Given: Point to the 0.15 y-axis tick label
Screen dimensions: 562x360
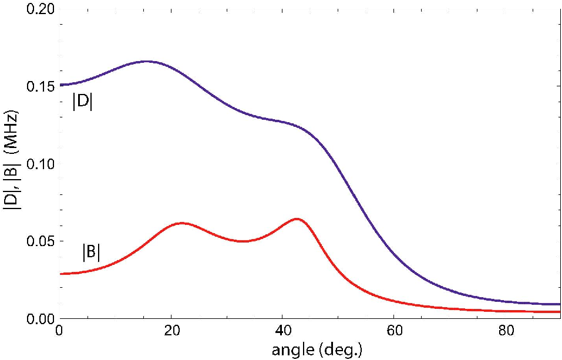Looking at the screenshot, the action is tap(41, 86).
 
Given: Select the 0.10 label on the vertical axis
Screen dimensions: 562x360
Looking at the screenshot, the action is tap(41, 164).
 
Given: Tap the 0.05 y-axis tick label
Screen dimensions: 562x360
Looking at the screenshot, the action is tap(41, 241).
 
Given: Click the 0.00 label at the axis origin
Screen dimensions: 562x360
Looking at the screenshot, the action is tap(41, 318).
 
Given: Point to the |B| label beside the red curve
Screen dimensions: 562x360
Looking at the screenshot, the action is tap(91, 252).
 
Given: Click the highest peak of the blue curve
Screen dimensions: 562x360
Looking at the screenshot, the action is tap(147, 61).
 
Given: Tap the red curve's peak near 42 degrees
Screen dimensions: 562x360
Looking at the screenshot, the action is tap(297, 218).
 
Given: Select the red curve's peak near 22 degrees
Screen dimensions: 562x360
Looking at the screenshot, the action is tap(181, 223).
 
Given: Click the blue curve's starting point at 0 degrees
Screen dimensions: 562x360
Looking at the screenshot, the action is tap(60, 85).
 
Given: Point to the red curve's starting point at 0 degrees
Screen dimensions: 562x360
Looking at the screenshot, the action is tap(60, 274).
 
